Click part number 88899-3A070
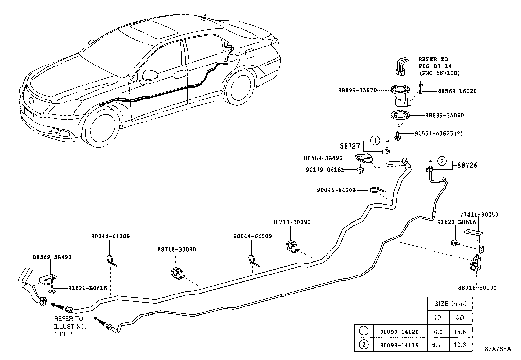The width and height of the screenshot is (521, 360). [357, 90]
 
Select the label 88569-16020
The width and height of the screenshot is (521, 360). [457, 91]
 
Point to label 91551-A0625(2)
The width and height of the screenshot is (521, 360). [439, 133]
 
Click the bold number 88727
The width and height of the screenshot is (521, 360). [350, 146]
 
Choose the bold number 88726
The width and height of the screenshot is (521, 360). [467, 165]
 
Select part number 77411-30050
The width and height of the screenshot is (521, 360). [479, 215]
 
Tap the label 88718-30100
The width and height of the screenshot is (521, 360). [477, 288]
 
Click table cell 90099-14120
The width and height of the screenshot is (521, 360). [399, 332]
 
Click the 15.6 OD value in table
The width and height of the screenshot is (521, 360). [460, 332]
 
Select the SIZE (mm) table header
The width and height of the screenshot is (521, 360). [450, 304]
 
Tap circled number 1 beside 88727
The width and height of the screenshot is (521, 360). [375, 141]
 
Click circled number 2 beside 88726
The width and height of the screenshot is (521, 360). [442, 161]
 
